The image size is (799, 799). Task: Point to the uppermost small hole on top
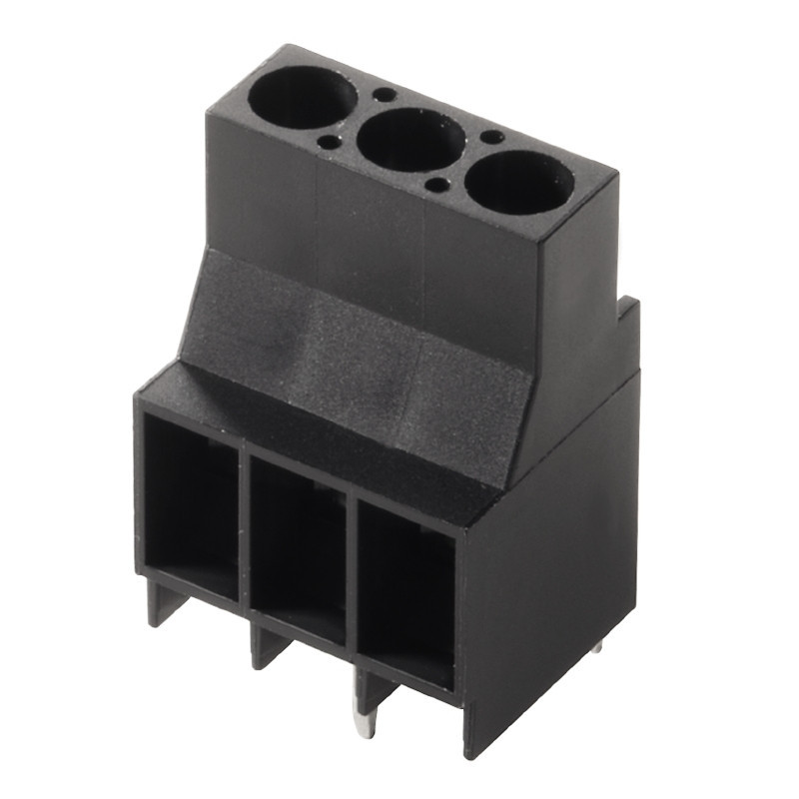tap(384, 95)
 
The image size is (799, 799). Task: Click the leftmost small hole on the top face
tap(328, 143)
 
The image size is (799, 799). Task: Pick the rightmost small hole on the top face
tap(491, 137)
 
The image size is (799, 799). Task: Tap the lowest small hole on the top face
tap(436, 185)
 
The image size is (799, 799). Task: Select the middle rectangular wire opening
tap(297, 549)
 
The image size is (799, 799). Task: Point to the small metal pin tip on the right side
tap(596, 645)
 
